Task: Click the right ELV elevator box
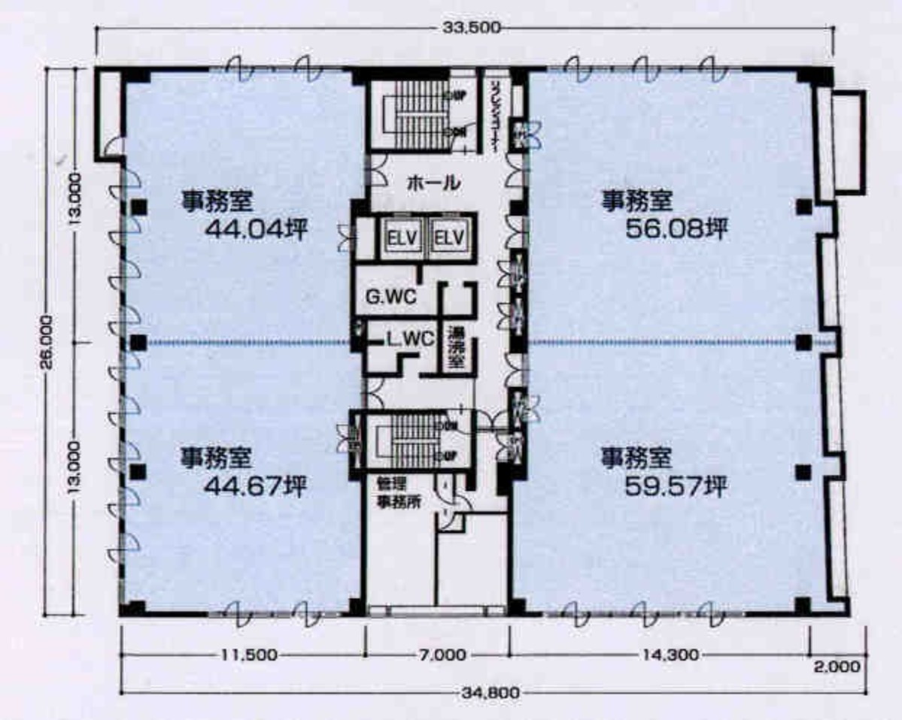point(450,238)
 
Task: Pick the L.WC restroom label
point(410,339)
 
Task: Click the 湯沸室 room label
point(456,346)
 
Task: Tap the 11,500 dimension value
point(244,655)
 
